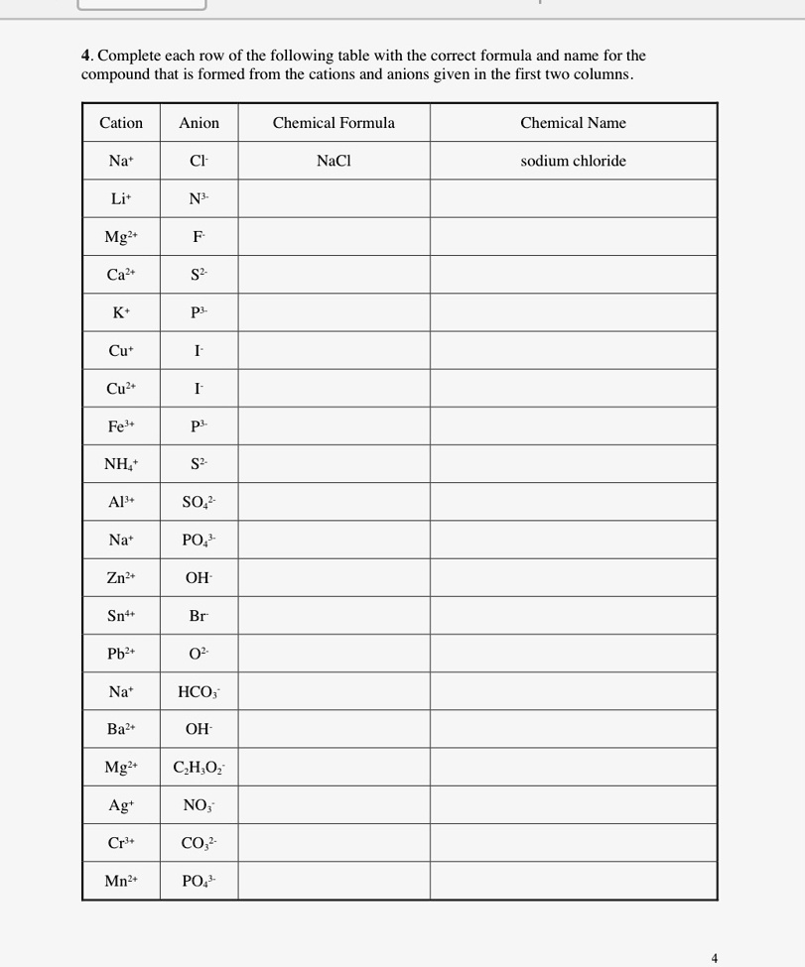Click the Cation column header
[x=121, y=123]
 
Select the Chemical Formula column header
[x=334, y=123]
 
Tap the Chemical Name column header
[x=573, y=123]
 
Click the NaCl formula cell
[x=334, y=161]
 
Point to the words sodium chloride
[x=573, y=161]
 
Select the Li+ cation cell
[x=121, y=198]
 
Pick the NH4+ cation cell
[x=121, y=464]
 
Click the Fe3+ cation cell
[x=121, y=426]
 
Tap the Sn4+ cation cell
[x=121, y=616]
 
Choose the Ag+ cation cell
[x=121, y=805]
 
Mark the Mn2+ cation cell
[x=121, y=881]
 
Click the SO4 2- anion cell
[x=199, y=502]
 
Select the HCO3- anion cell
[x=199, y=691]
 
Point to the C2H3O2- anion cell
[x=199, y=767]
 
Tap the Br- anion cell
[x=199, y=616]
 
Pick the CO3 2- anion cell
[x=199, y=843]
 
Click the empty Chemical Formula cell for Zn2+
[x=334, y=577]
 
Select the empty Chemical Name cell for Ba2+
[x=573, y=729]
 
